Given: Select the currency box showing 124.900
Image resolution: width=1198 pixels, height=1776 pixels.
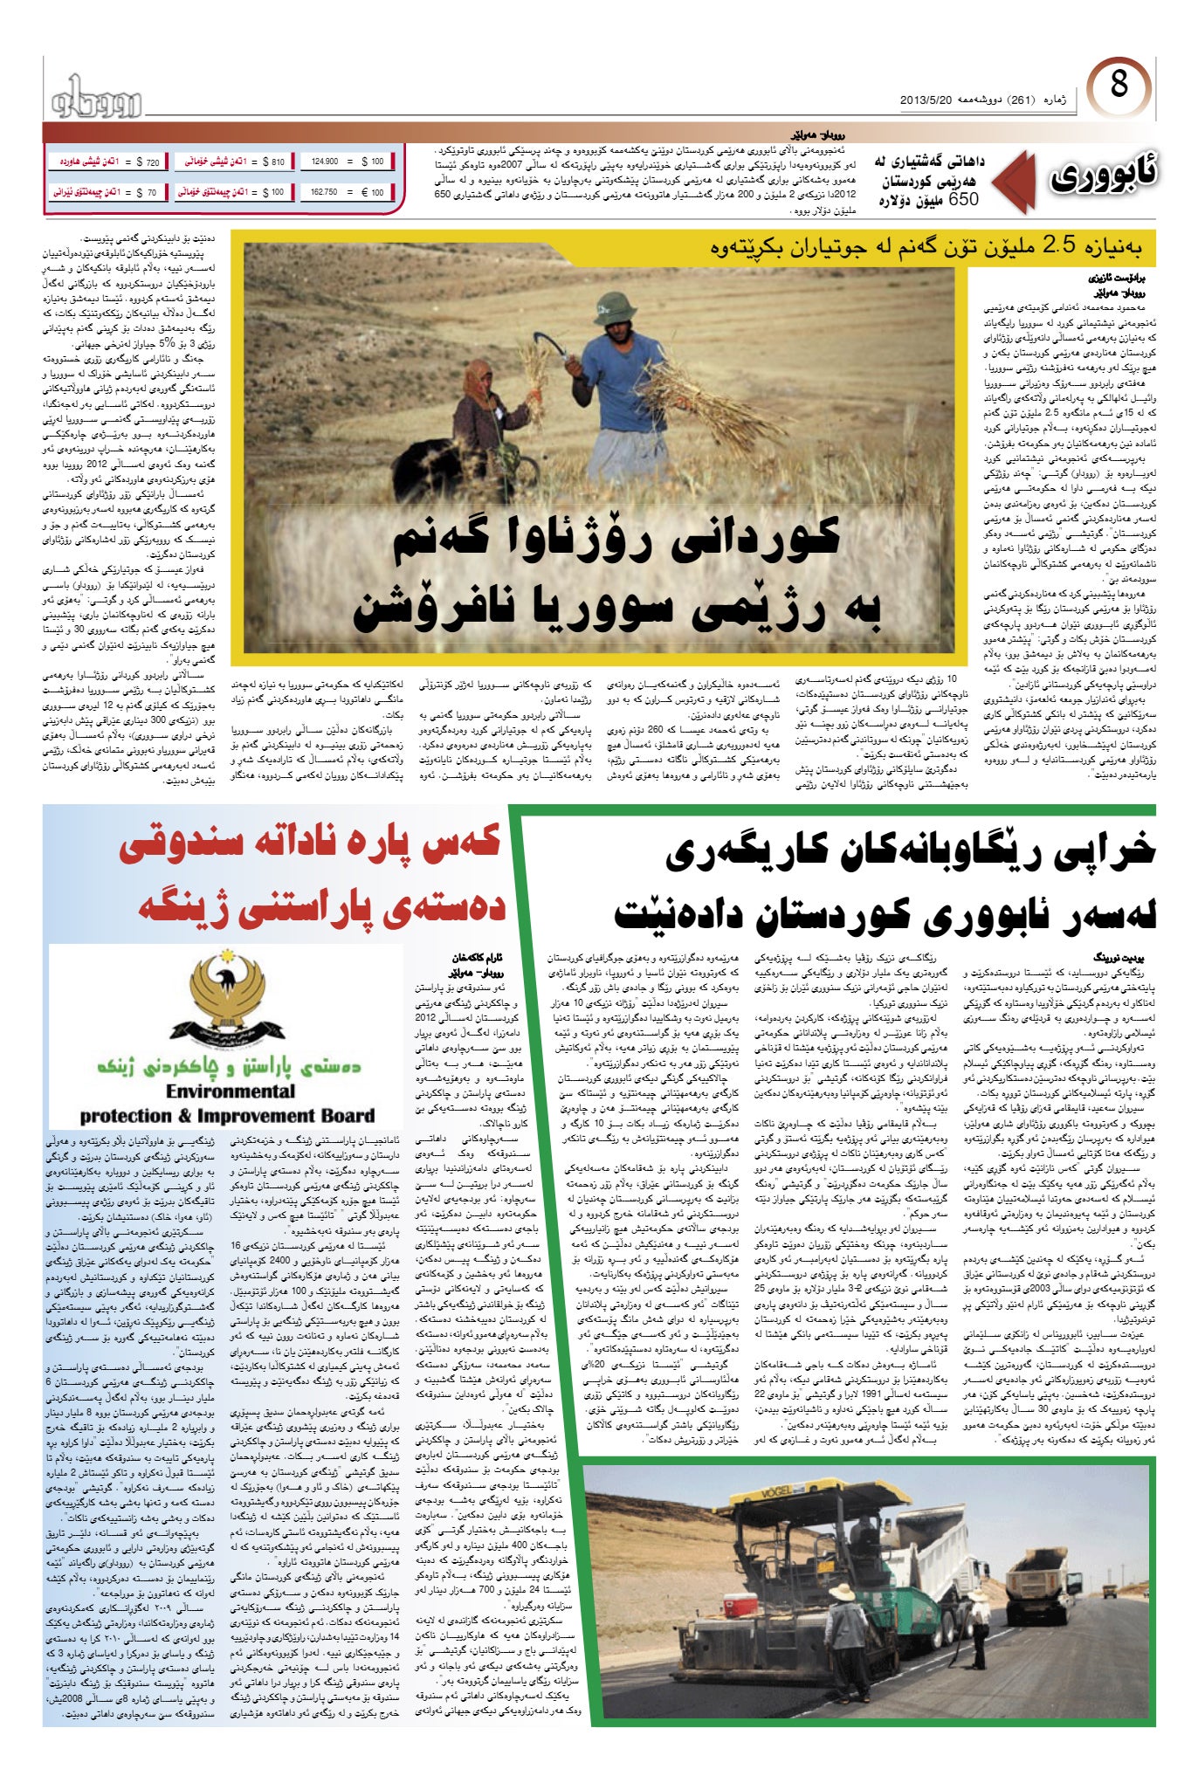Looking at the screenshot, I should tap(347, 162).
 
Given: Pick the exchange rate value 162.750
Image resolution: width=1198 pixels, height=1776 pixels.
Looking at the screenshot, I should tap(347, 192).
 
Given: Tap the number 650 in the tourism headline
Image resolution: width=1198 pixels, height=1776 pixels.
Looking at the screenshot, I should tap(957, 199).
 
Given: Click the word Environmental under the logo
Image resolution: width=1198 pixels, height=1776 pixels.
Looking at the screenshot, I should tap(231, 1091).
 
